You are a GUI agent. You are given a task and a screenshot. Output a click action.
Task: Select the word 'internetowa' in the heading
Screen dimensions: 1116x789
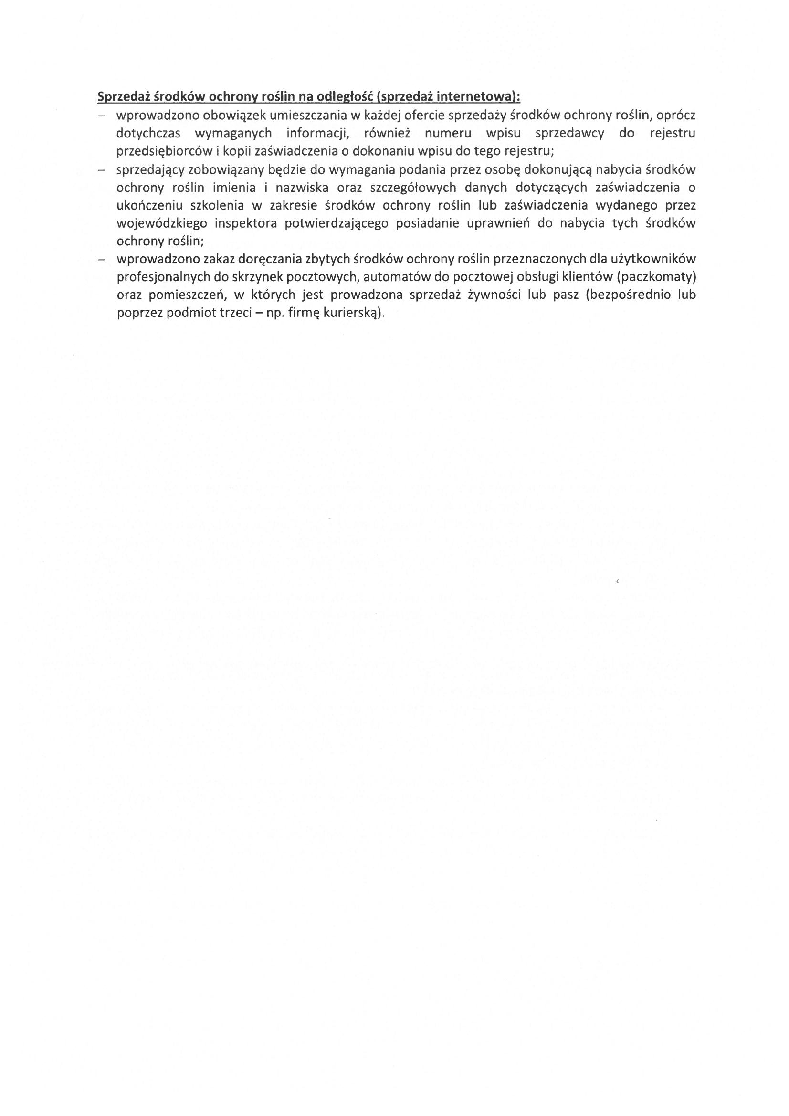[474, 97]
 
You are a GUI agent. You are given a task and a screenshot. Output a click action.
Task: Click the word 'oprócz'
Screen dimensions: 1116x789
[676, 116]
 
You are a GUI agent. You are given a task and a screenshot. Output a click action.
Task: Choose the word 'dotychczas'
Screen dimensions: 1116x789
[148, 133]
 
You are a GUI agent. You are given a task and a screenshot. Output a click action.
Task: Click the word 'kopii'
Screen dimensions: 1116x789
[235, 151]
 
